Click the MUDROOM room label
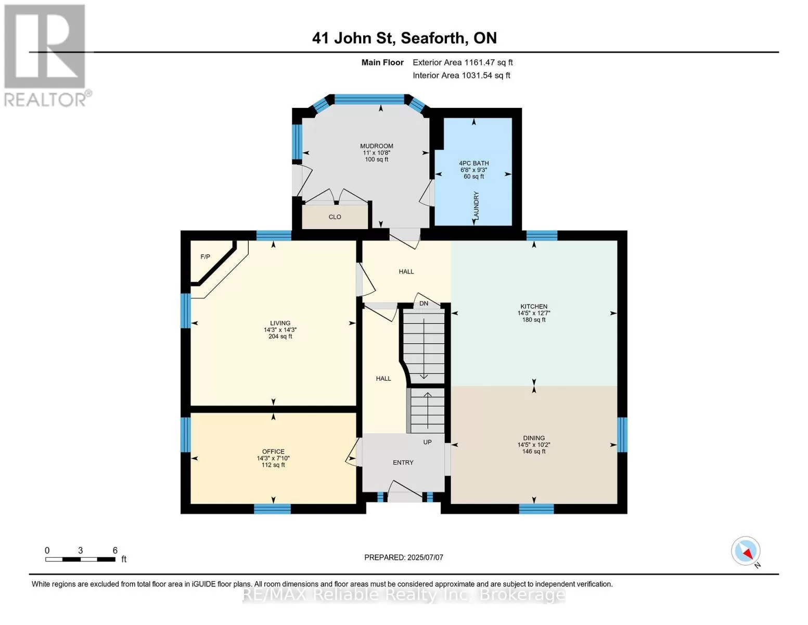[376, 146]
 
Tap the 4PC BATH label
[474, 163]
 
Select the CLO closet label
[335, 217]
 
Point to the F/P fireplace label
[206, 257]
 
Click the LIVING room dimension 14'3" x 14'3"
[280, 330]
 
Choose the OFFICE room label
[273, 452]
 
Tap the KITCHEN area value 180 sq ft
[534, 320]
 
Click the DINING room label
[534, 438]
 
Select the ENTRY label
[403, 463]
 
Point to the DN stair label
[424, 303]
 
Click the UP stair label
[427, 442]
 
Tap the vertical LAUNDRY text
[477, 206]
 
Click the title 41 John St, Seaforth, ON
[404, 38]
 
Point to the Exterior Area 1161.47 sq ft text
[463, 63]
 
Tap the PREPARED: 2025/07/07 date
[404, 558]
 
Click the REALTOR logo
[46, 56]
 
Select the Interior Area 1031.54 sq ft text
[461, 76]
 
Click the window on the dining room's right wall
[622, 435]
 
